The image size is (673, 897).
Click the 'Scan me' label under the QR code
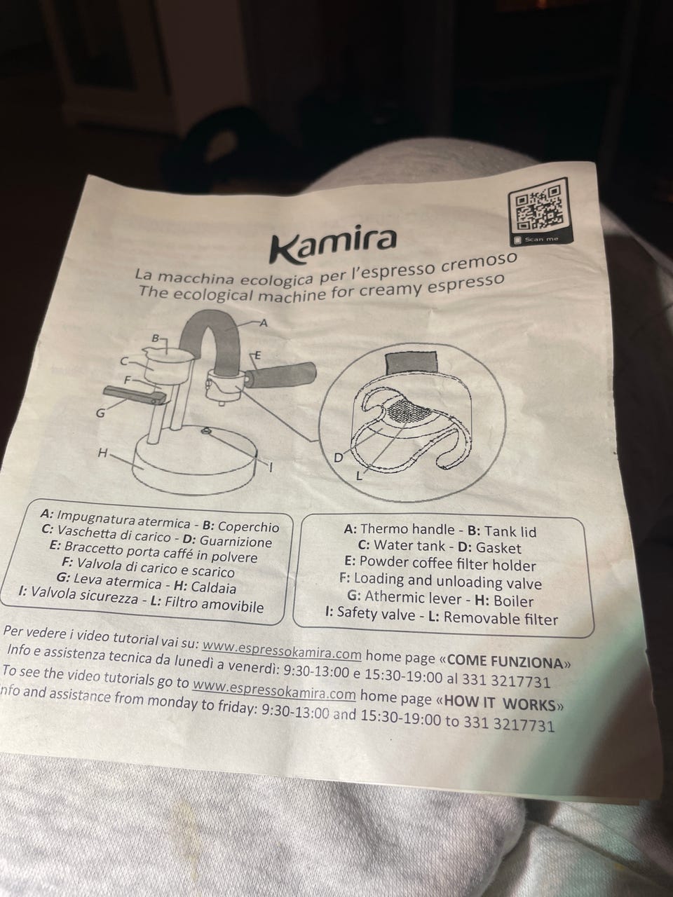pos(541,239)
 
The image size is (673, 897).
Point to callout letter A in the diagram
pos(264,324)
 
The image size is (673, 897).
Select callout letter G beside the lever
pos(100,413)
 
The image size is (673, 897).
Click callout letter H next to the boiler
pos(102,453)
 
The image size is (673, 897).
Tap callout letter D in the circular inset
pos(339,458)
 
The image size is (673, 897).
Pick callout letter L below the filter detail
pos(359,477)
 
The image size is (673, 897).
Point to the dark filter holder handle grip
pos(281,376)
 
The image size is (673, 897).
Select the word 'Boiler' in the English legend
pos(513,601)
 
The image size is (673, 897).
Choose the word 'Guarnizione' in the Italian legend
pos(236,541)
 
